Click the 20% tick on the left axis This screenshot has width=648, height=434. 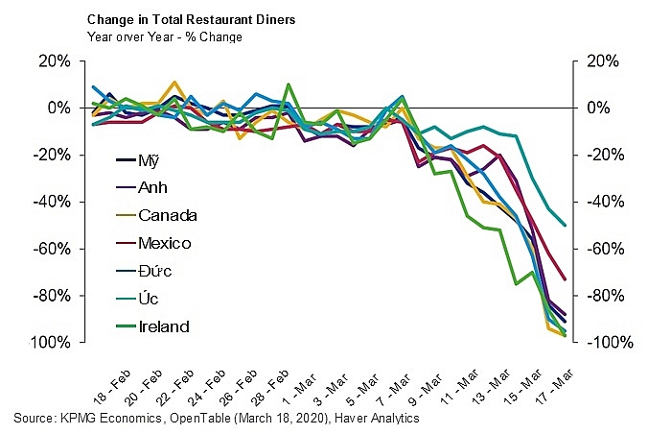pyautogui.click(x=56, y=60)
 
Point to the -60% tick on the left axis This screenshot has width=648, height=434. pyautogui.click(x=54, y=249)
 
